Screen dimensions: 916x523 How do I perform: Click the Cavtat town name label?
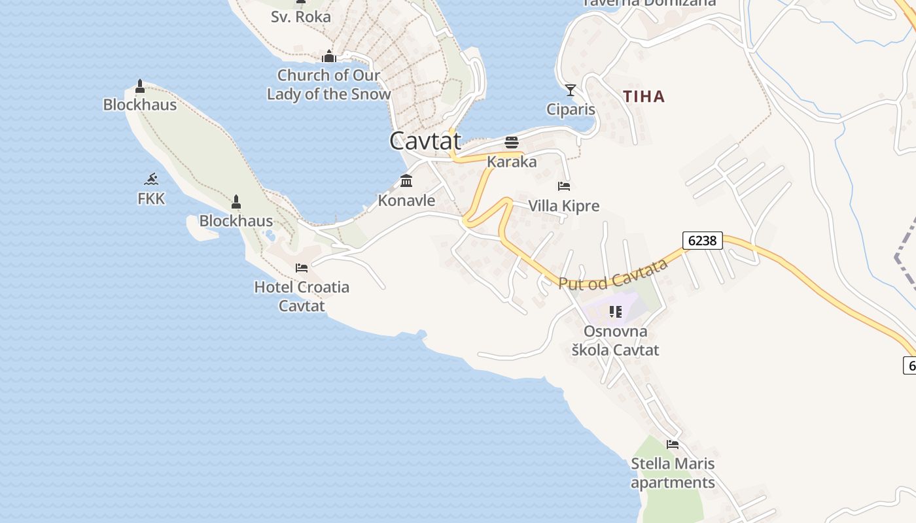[425, 141]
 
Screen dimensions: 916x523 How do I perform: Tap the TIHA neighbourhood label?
[644, 97]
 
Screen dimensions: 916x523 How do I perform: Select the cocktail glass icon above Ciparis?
[571, 90]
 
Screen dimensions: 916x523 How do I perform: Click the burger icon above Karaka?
[512, 143]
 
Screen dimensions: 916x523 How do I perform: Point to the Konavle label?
[406, 200]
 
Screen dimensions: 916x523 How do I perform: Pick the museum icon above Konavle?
[406, 181]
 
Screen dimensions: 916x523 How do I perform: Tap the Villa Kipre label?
[563, 206]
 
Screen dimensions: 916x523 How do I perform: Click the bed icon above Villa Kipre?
[564, 186]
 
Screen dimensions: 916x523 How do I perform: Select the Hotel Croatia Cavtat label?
[302, 296]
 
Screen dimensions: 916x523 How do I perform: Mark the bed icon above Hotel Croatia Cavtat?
[302, 268]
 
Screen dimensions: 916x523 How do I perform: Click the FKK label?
[151, 199]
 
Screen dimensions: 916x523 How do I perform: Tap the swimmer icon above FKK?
[151, 178]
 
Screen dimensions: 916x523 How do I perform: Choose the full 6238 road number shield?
[702, 241]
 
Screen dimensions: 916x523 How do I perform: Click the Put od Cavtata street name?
[613, 275]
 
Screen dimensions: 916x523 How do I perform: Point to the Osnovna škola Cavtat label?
[615, 341]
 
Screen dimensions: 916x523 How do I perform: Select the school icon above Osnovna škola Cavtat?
[615, 312]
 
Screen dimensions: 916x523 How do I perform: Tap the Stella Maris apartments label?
[673, 473]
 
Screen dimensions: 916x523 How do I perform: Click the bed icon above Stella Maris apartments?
[673, 445]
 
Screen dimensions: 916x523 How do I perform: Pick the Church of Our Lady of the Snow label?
[329, 84]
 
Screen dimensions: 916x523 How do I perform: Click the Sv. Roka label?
[301, 16]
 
